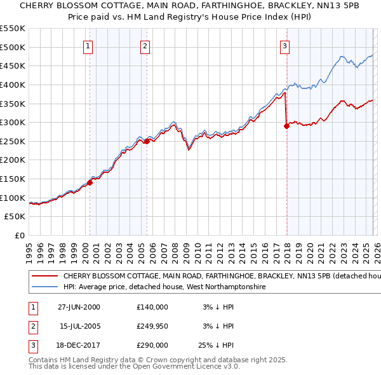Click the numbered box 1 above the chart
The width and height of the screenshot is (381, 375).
88,45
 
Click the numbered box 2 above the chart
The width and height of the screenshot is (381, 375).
145,45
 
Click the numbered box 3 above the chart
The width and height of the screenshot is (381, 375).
284,45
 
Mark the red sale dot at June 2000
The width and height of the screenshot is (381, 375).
90,182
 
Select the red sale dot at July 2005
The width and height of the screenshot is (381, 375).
147,142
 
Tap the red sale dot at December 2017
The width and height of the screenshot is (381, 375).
286,126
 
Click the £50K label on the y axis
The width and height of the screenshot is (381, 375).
15,217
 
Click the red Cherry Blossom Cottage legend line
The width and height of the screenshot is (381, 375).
44,276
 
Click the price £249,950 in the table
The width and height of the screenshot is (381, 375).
152,326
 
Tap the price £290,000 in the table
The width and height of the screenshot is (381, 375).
152,345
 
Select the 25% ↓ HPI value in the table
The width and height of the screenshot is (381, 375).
217,345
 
